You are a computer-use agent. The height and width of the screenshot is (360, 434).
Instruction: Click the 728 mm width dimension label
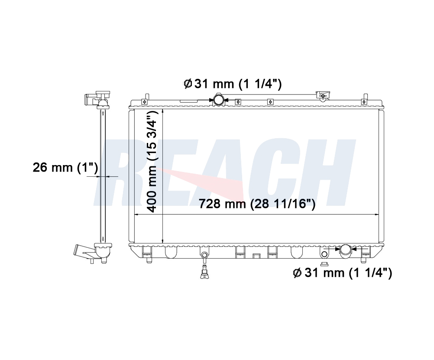click(x=257, y=204)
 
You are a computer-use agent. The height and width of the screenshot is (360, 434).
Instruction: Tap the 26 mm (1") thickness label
click(x=65, y=167)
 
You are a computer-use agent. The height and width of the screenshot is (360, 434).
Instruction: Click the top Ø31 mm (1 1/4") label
click(x=233, y=83)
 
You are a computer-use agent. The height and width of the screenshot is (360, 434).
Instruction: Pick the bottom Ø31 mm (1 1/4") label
click(x=342, y=273)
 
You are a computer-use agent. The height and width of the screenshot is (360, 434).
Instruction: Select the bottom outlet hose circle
click(x=346, y=250)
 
